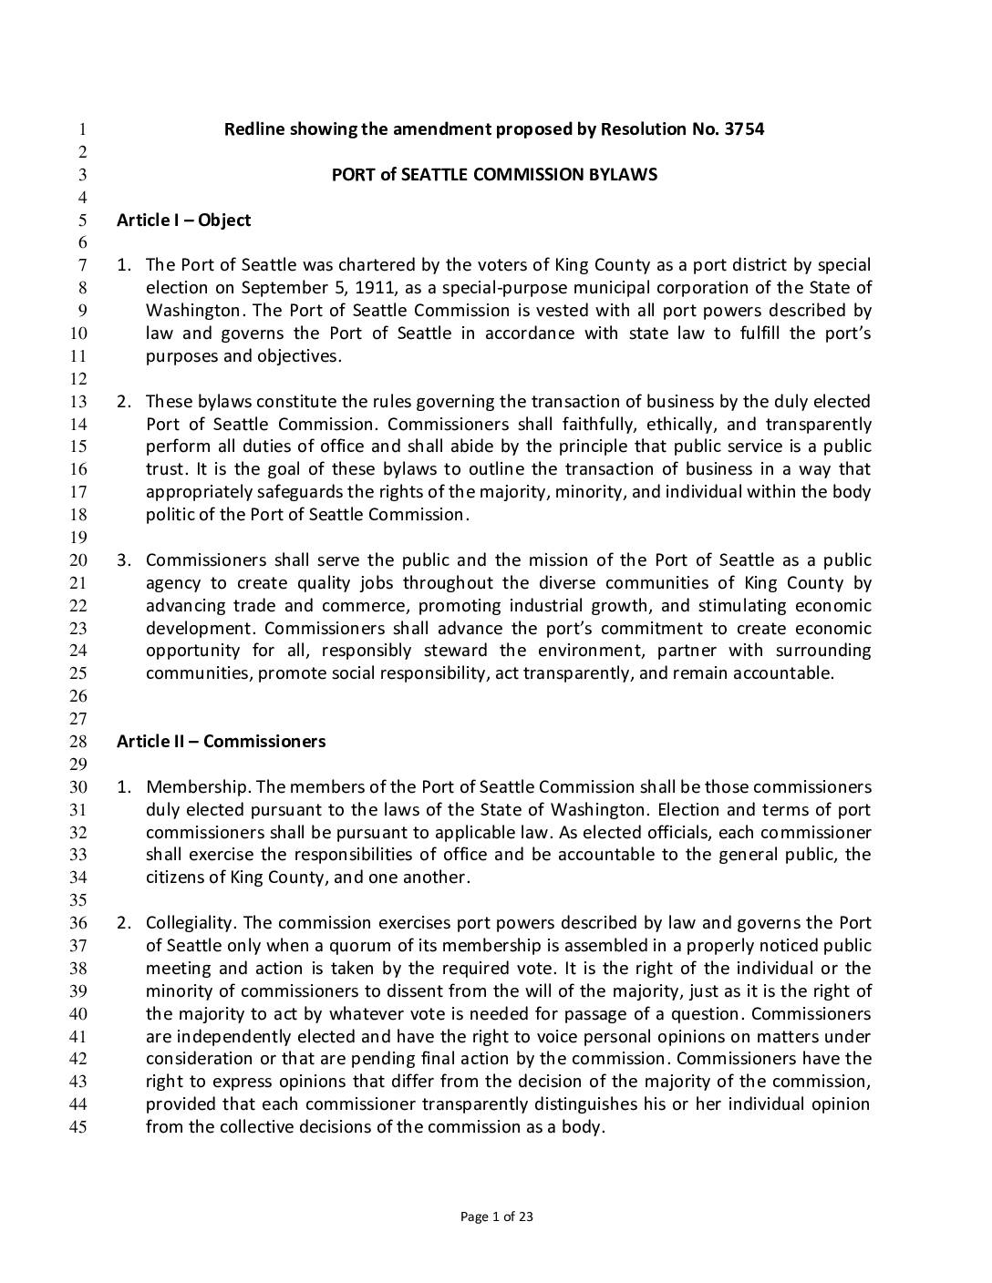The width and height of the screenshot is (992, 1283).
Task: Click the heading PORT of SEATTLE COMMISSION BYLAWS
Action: [x=494, y=174]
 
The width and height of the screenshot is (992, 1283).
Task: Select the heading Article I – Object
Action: [x=183, y=220]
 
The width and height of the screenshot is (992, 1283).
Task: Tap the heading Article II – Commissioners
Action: [x=221, y=741]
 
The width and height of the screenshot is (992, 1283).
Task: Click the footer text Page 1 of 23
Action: [x=496, y=1216]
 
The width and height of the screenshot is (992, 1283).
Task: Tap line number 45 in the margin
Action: [x=78, y=1127]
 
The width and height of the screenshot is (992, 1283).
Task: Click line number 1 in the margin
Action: [x=82, y=129]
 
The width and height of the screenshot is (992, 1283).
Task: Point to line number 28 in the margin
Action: [x=78, y=742]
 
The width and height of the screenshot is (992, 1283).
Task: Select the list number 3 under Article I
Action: [x=122, y=560]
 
